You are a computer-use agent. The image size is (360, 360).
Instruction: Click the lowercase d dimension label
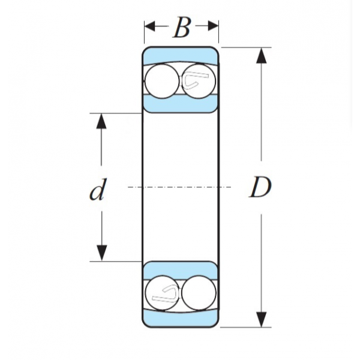97,191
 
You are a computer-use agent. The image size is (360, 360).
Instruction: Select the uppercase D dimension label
260,188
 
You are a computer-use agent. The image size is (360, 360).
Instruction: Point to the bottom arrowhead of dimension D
261,319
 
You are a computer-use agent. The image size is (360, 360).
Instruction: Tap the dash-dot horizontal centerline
180,187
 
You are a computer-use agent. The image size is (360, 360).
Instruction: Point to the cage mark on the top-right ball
197,81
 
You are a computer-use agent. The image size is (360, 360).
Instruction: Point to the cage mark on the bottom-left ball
163,293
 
